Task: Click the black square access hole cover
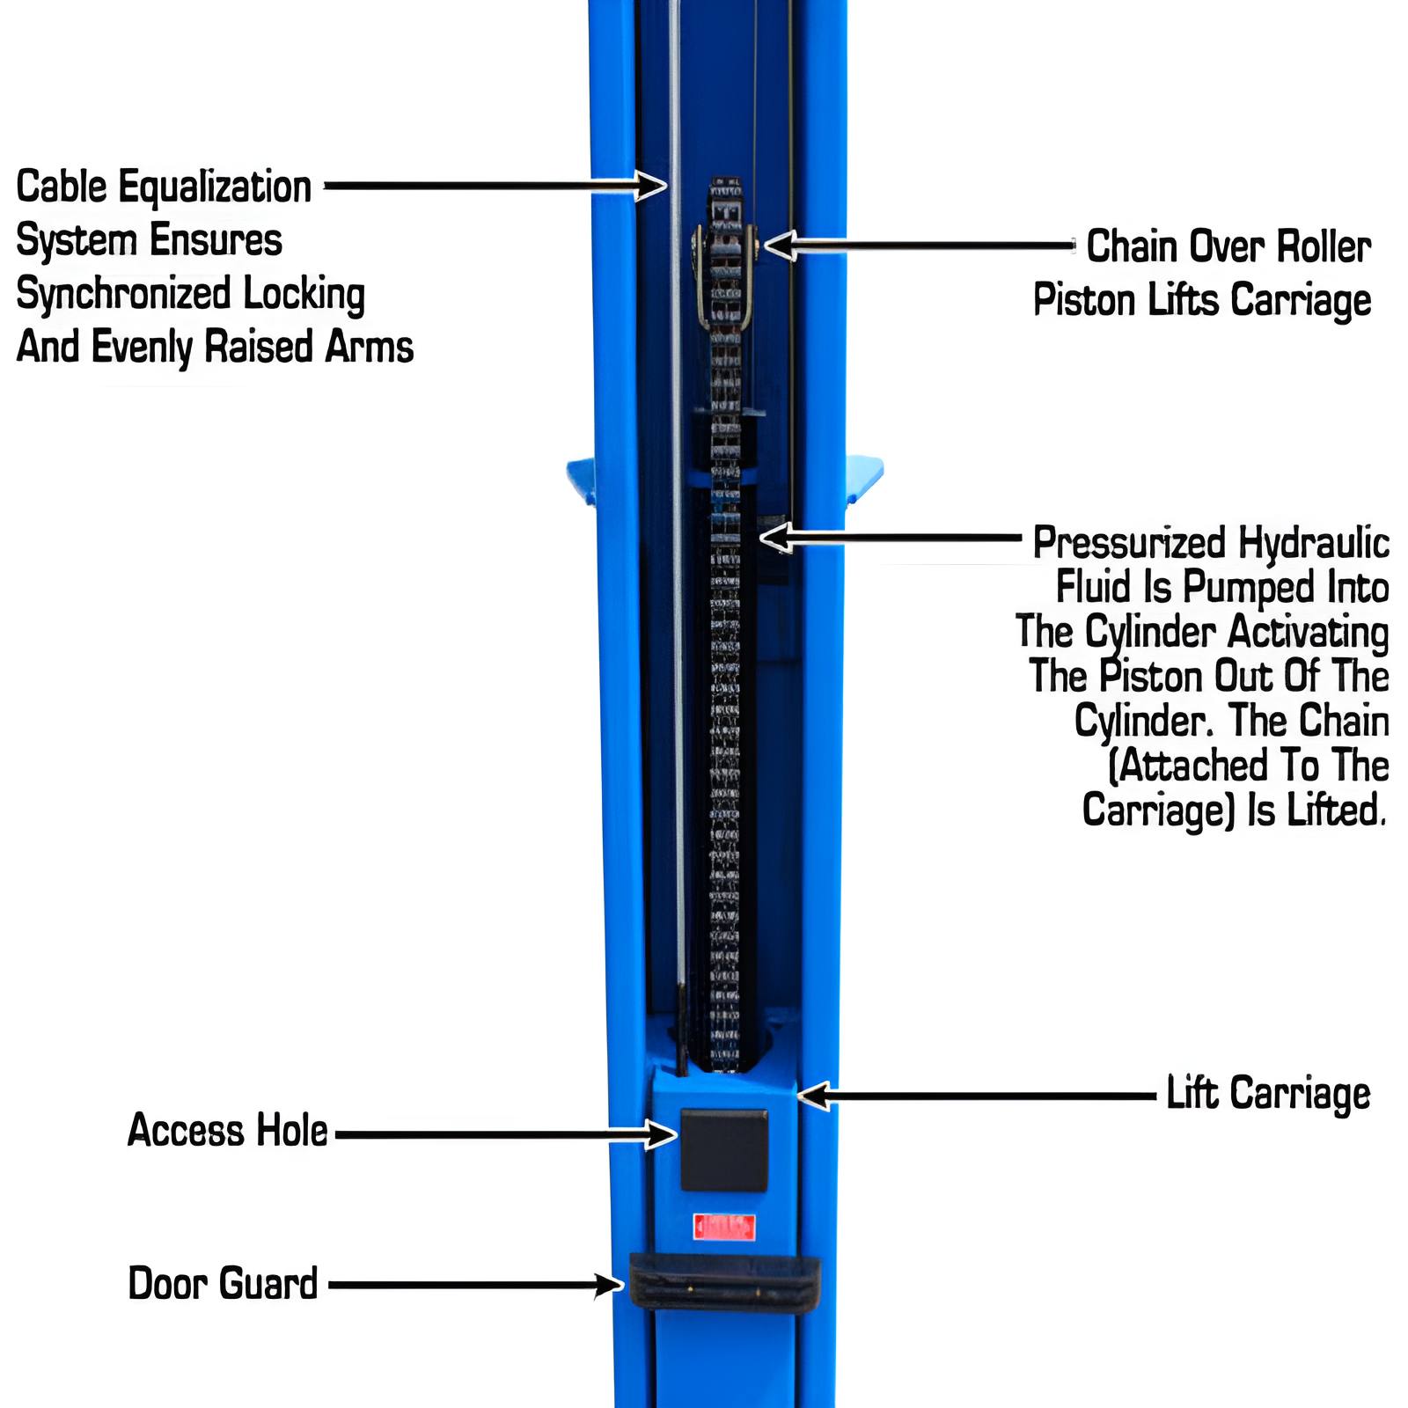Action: point(723,1149)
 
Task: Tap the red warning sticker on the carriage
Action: point(723,1226)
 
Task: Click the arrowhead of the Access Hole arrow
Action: point(662,1134)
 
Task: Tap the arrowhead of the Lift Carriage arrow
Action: point(811,1096)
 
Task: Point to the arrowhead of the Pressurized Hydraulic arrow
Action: point(774,537)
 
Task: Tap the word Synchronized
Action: point(123,294)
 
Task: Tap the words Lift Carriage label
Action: point(1267,1094)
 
